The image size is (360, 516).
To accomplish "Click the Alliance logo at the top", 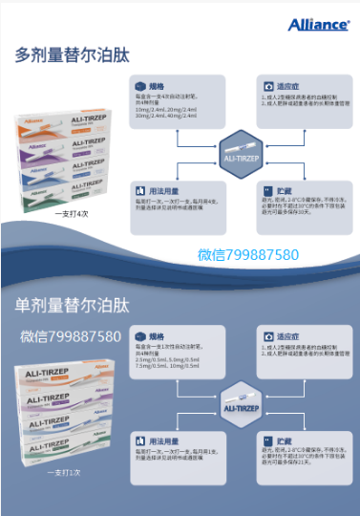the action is tap(317, 24).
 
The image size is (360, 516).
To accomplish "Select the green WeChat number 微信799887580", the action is tap(248, 255).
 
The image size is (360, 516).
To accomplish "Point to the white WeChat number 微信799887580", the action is tap(71, 336).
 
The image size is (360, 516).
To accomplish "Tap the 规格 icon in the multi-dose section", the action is tap(140, 84).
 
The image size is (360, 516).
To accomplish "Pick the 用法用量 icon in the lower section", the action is tap(140, 440).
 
